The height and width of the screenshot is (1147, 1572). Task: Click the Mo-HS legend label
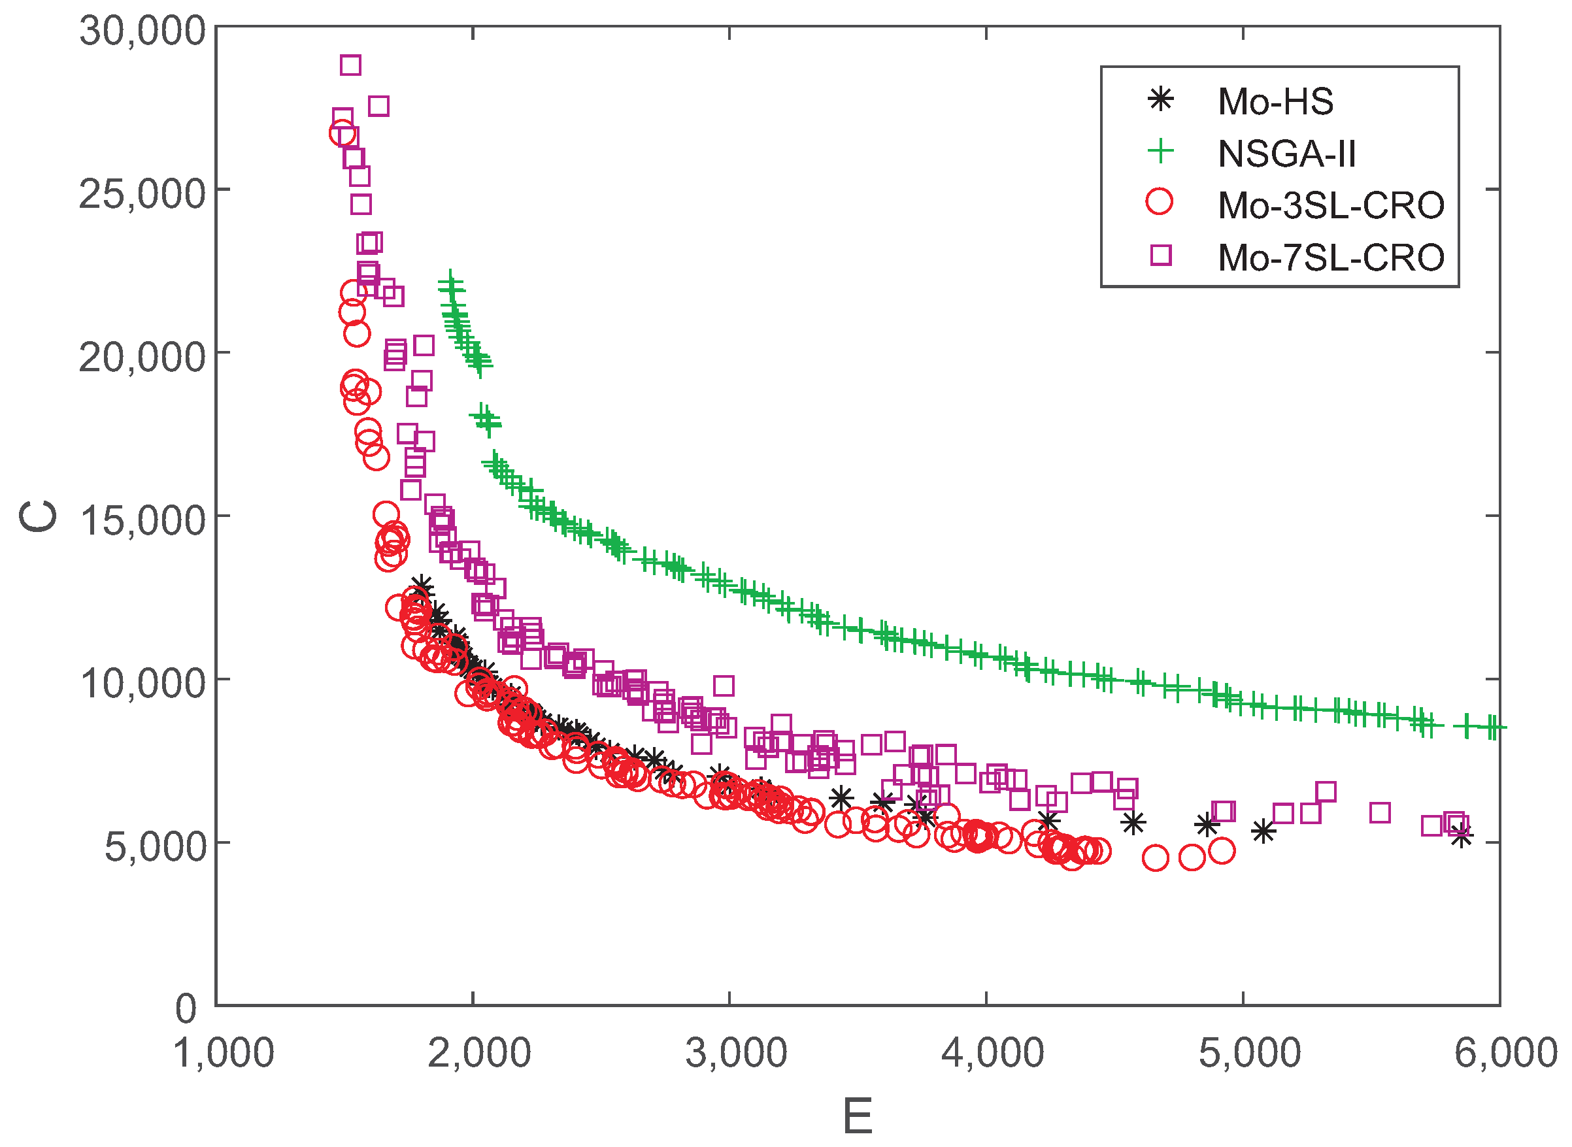pos(1275,102)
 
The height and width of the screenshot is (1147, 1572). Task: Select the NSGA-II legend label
pos(1286,154)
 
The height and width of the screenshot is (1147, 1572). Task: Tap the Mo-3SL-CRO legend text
pos(1330,205)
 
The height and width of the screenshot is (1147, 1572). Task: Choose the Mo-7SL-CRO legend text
pos(1330,258)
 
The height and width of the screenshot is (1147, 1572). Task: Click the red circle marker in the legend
pos(1159,201)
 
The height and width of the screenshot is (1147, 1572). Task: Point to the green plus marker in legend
pos(1160,151)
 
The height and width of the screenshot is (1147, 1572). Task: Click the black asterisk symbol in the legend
pos(1160,99)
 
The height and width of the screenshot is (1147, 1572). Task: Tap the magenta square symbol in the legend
pos(1160,255)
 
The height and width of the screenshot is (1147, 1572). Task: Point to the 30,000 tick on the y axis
pos(142,31)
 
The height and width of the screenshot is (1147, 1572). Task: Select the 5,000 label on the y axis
pos(155,847)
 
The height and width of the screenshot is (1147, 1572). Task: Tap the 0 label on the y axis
pos(186,1008)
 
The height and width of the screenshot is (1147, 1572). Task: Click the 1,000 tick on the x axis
pos(224,1054)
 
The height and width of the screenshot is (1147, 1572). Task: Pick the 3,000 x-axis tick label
pos(736,1054)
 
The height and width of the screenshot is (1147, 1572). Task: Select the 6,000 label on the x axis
pos(1505,1054)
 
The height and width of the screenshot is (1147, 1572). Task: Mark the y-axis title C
pos(38,516)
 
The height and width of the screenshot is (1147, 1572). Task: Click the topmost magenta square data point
pos(350,65)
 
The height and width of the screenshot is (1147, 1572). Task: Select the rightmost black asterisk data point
pos(1462,837)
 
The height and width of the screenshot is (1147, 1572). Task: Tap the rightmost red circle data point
pos(1222,850)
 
